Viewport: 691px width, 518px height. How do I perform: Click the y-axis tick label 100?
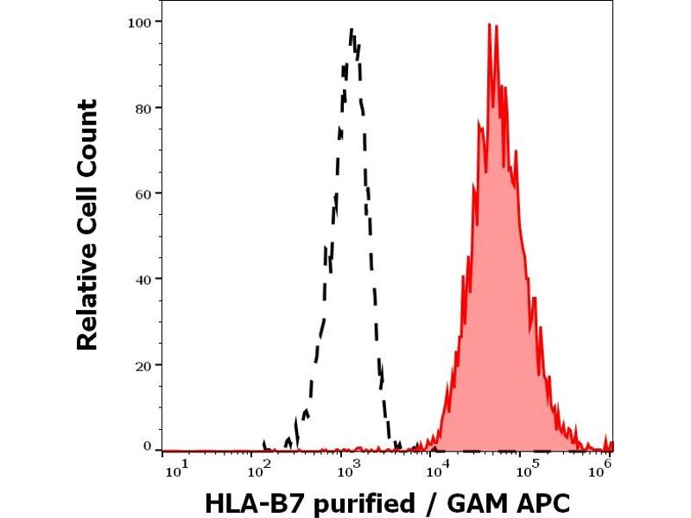click(x=141, y=22)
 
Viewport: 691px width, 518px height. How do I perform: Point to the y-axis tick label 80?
click(x=144, y=108)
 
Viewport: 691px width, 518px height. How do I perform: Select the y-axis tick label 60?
click(x=144, y=193)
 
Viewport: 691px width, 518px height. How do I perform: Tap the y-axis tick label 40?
click(x=144, y=279)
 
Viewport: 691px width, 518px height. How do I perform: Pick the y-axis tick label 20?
click(x=144, y=364)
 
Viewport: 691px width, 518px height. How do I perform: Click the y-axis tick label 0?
click(x=148, y=446)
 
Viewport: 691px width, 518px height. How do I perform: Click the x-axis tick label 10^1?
click(x=174, y=468)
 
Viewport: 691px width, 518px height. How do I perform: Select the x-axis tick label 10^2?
click(x=258, y=468)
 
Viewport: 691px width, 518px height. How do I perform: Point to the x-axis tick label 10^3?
click(x=348, y=468)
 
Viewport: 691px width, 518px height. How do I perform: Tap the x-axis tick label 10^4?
click(x=438, y=468)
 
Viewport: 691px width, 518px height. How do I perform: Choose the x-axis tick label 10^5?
click(x=526, y=468)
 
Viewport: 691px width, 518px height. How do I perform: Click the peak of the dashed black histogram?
click(x=352, y=30)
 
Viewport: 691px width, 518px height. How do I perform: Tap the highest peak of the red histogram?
click(x=490, y=25)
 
